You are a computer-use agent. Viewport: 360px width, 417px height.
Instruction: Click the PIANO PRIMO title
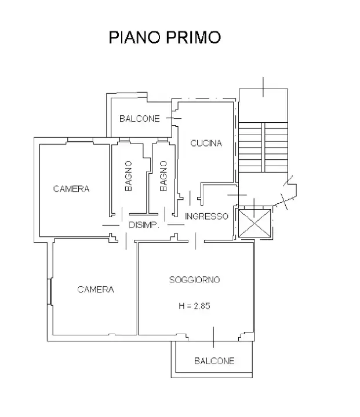pos(165,38)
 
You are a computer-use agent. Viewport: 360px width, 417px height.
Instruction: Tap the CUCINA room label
pos(206,144)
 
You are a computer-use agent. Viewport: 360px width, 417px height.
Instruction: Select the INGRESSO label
pos(207,216)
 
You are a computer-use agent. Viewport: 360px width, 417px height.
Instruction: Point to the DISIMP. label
pos(143,225)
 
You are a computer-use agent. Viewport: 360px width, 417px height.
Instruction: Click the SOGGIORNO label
pos(194,280)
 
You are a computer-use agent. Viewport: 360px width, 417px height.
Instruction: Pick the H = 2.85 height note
pos(194,306)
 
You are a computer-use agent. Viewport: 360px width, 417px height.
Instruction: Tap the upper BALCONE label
pos(140,119)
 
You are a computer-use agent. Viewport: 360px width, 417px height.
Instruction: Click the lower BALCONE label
pos(214,361)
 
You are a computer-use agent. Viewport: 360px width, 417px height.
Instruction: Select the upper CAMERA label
pos(71,189)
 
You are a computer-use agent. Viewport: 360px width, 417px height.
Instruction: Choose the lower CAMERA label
pos(96,290)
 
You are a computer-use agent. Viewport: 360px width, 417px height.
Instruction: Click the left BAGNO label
pos(129,175)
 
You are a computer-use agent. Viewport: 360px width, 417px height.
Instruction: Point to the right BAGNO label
pos(163,175)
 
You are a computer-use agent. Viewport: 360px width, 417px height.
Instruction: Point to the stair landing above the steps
pos(263,104)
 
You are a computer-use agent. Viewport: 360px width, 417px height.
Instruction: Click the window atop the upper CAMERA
pos(81,140)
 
